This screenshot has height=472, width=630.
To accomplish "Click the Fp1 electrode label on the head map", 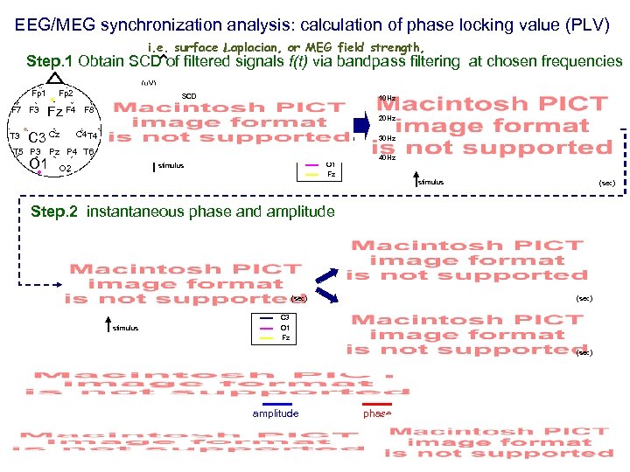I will tap(38, 93).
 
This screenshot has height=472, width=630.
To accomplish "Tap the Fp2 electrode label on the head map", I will tap(66, 94).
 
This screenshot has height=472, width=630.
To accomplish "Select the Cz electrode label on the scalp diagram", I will tap(54, 135).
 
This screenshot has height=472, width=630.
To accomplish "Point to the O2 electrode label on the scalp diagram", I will tap(65, 168).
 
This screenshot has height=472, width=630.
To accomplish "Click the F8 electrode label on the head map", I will tap(89, 111).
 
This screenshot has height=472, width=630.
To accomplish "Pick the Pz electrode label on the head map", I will tap(54, 152).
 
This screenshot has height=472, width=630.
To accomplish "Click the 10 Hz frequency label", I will tap(386, 98).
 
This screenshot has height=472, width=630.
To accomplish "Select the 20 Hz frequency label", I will tap(386, 118).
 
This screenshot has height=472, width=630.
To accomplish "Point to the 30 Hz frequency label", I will tap(386, 139).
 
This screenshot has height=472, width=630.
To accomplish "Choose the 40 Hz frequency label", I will tap(386, 158).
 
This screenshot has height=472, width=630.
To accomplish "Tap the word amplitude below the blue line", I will tap(276, 413).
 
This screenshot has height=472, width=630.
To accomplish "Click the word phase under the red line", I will tap(377, 413).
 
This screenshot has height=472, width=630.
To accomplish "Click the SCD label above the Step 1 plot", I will tap(189, 96).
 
